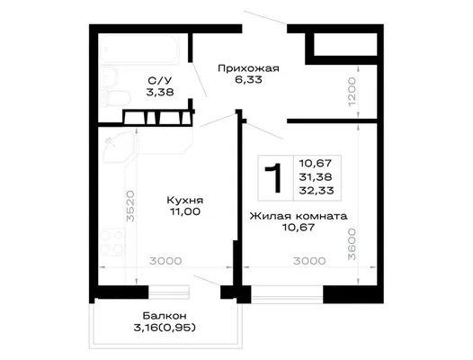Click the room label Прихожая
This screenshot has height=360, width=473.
click(x=248, y=68)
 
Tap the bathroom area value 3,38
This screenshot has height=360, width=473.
click(x=160, y=92)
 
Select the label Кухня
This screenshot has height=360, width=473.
click(x=185, y=200)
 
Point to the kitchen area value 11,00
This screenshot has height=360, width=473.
click(x=185, y=211)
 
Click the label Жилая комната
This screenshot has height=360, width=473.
click(x=299, y=216)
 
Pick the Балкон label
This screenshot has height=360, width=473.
click(x=165, y=316)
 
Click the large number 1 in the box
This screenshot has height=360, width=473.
click(x=273, y=177)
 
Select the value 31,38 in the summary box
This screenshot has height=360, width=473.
click(x=316, y=177)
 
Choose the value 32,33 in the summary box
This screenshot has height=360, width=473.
click(x=317, y=191)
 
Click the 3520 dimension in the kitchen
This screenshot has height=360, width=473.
click(x=130, y=206)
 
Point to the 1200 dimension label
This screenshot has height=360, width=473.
click(x=352, y=92)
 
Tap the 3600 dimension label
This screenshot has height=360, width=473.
click(x=352, y=244)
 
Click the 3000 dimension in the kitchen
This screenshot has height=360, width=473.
click(x=165, y=261)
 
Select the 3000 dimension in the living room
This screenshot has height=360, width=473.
click(x=309, y=261)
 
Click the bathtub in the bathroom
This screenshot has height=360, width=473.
click(x=140, y=49)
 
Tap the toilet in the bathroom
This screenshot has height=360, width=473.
click(x=115, y=98)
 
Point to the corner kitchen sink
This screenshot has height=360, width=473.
click(x=117, y=148)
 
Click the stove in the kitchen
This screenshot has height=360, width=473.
click(x=112, y=242)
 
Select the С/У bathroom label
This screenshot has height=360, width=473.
click(x=160, y=80)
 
